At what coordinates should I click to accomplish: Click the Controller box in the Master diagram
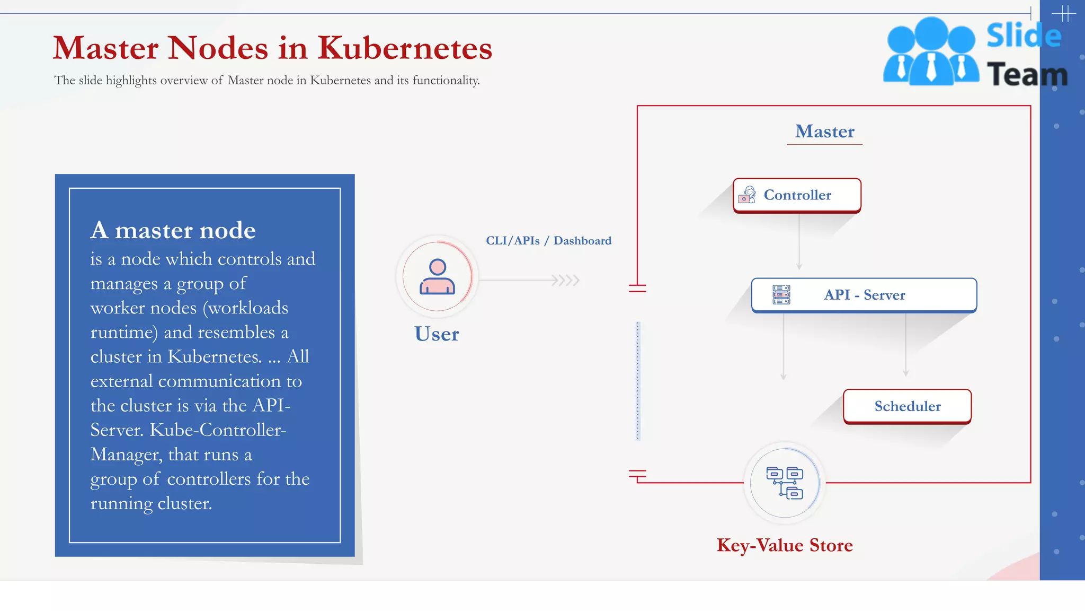[x=797, y=195]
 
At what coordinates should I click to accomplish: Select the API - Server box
[x=864, y=295]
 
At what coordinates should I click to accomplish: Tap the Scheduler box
[x=907, y=406]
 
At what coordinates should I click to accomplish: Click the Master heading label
[x=824, y=132]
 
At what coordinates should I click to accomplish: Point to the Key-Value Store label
[x=785, y=545]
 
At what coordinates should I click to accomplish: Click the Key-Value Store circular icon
[x=785, y=483]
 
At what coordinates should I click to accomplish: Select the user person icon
[x=437, y=276]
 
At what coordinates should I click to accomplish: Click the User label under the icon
[x=437, y=334]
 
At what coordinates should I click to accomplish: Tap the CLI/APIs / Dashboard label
[x=548, y=241]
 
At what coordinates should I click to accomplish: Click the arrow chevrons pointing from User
[x=566, y=280]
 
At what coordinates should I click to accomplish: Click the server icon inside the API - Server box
[x=781, y=295]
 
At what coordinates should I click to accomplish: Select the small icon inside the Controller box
[x=747, y=195]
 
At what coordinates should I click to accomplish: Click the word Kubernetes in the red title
[x=405, y=48]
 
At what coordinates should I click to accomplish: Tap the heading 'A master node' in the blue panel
[x=173, y=230]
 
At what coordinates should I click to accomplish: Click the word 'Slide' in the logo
[x=1024, y=36]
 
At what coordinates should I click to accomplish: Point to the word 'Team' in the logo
[x=1027, y=75]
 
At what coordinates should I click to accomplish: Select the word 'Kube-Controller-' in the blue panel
[x=218, y=430]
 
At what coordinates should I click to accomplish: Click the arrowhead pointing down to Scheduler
[x=906, y=373]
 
